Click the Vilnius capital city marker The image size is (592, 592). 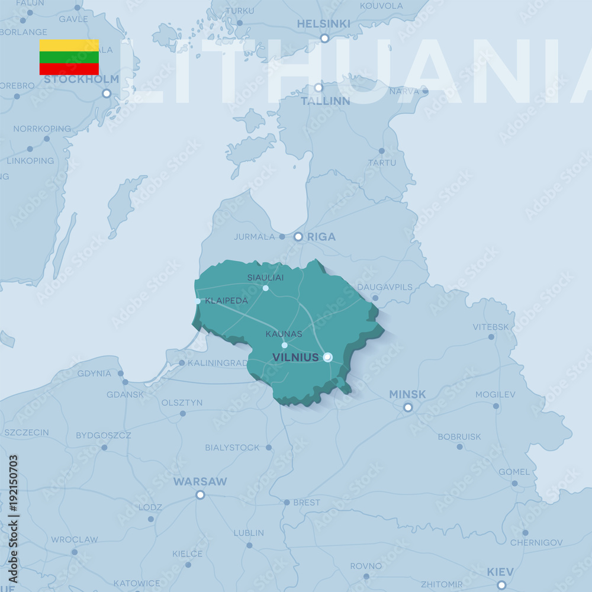(x=327, y=356)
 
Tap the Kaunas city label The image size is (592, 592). (x=284, y=334)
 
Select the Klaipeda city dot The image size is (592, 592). (x=198, y=301)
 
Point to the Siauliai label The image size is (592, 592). (x=265, y=277)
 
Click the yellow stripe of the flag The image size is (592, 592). (x=69, y=45)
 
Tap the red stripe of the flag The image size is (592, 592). (x=69, y=69)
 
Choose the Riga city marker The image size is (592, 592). (x=298, y=237)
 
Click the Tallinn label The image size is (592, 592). (x=325, y=101)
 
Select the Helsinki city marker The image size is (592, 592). (x=324, y=38)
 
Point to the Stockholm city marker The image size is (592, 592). (x=107, y=93)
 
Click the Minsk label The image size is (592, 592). (x=407, y=394)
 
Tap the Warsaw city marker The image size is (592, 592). (x=200, y=494)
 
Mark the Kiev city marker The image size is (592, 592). (x=501, y=585)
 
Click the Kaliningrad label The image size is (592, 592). (x=217, y=363)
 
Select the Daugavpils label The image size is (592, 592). (x=385, y=287)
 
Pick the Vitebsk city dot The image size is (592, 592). (x=491, y=337)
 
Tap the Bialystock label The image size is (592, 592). (x=232, y=448)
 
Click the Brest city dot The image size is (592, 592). (x=287, y=502)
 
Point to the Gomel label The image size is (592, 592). (x=514, y=472)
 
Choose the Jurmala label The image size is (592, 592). (x=255, y=237)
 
